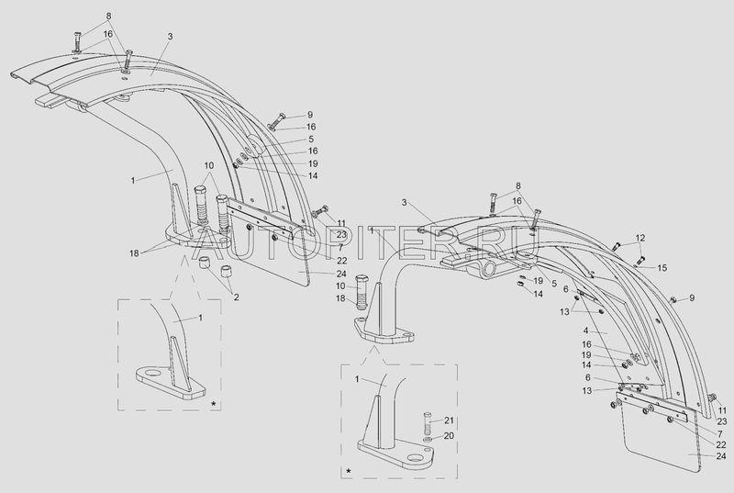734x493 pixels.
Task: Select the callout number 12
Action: (640, 238)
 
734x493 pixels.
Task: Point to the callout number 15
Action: (663, 267)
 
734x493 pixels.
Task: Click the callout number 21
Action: (450, 420)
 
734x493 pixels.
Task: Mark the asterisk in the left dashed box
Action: (213, 403)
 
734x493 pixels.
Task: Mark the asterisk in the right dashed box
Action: (348, 471)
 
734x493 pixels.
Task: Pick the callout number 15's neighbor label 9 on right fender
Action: (692, 297)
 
